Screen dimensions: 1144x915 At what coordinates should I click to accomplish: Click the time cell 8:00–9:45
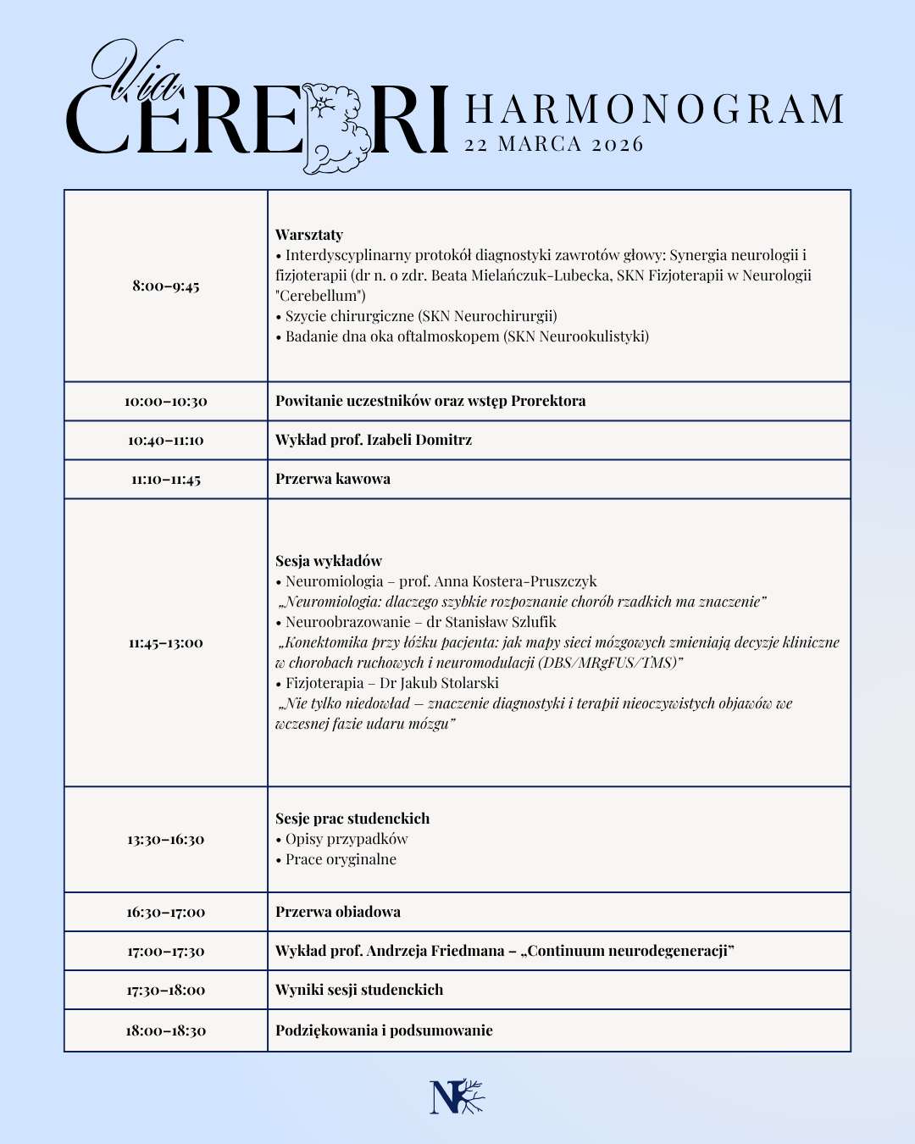click(166, 286)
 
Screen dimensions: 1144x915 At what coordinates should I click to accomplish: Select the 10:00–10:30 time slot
click(166, 401)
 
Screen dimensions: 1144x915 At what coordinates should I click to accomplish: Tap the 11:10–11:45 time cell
click(166, 479)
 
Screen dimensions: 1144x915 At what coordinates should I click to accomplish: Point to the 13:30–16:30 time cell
click(166, 839)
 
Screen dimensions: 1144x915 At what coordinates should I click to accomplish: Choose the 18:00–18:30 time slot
click(166, 1030)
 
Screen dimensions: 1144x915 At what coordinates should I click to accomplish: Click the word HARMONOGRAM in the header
click(655, 109)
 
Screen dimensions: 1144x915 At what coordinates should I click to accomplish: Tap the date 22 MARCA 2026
click(554, 144)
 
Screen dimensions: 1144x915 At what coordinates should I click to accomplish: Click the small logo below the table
click(457, 1097)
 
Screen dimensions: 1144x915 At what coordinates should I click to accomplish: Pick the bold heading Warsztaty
click(309, 235)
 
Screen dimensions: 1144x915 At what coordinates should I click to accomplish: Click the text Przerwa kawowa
click(333, 479)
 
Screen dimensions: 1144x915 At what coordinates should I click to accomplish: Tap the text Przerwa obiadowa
click(338, 912)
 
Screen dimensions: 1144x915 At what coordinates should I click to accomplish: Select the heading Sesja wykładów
click(329, 561)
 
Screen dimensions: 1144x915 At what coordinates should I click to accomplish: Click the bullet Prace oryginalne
click(341, 859)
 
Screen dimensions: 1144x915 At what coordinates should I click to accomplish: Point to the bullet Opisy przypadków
click(347, 839)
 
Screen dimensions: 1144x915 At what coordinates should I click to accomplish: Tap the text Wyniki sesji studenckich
click(359, 990)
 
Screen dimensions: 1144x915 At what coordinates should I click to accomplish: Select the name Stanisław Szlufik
click(501, 622)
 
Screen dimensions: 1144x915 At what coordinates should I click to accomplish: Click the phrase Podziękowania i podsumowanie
click(384, 1030)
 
